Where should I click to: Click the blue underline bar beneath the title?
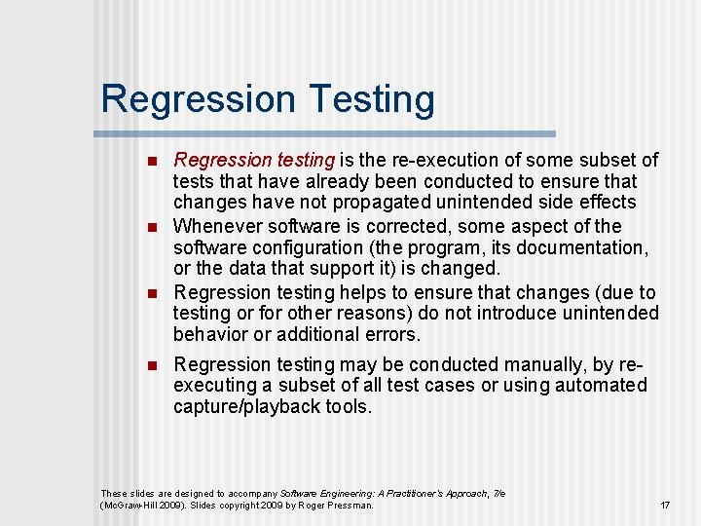pyautogui.click(x=328, y=133)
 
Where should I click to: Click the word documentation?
pyautogui.click(x=588, y=247)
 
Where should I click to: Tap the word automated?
pyautogui.click(x=599, y=386)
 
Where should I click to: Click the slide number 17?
pyautogui.click(x=665, y=506)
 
